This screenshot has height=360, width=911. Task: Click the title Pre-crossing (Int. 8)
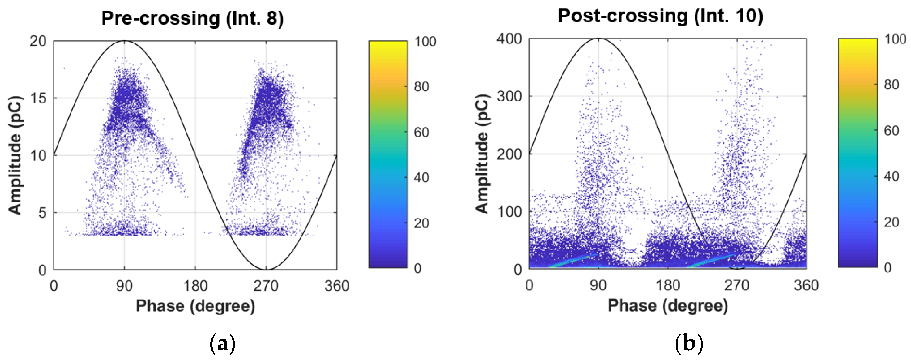pyautogui.click(x=192, y=18)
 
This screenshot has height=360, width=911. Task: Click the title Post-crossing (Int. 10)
pyautogui.click(x=660, y=16)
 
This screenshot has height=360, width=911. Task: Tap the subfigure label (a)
pyautogui.click(x=222, y=343)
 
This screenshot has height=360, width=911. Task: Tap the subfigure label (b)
pyautogui.click(x=689, y=343)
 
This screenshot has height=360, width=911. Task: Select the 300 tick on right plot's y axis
pyautogui.click(x=509, y=96)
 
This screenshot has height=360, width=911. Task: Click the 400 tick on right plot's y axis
pyautogui.click(x=509, y=39)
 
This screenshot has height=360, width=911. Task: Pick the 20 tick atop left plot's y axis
pyautogui.click(x=38, y=41)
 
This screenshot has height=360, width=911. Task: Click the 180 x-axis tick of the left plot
pyautogui.click(x=195, y=286)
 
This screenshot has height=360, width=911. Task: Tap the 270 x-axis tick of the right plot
pyautogui.click(x=737, y=285)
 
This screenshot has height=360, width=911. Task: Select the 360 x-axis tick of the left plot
pyautogui.click(x=337, y=286)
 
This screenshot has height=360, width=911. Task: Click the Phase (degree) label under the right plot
pyautogui.click(x=668, y=306)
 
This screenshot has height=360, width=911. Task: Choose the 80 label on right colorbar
pyautogui.click(x=891, y=85)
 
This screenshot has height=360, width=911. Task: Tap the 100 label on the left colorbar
pyautogui.click(x=425, y=42)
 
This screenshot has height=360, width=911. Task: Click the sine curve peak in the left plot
pyautogui.click(x=124, y=41)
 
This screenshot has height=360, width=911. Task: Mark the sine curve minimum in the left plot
pyautogui.click(x=266, y=269)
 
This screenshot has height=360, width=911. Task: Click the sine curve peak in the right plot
pyautogui.click(x=598, y=38)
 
